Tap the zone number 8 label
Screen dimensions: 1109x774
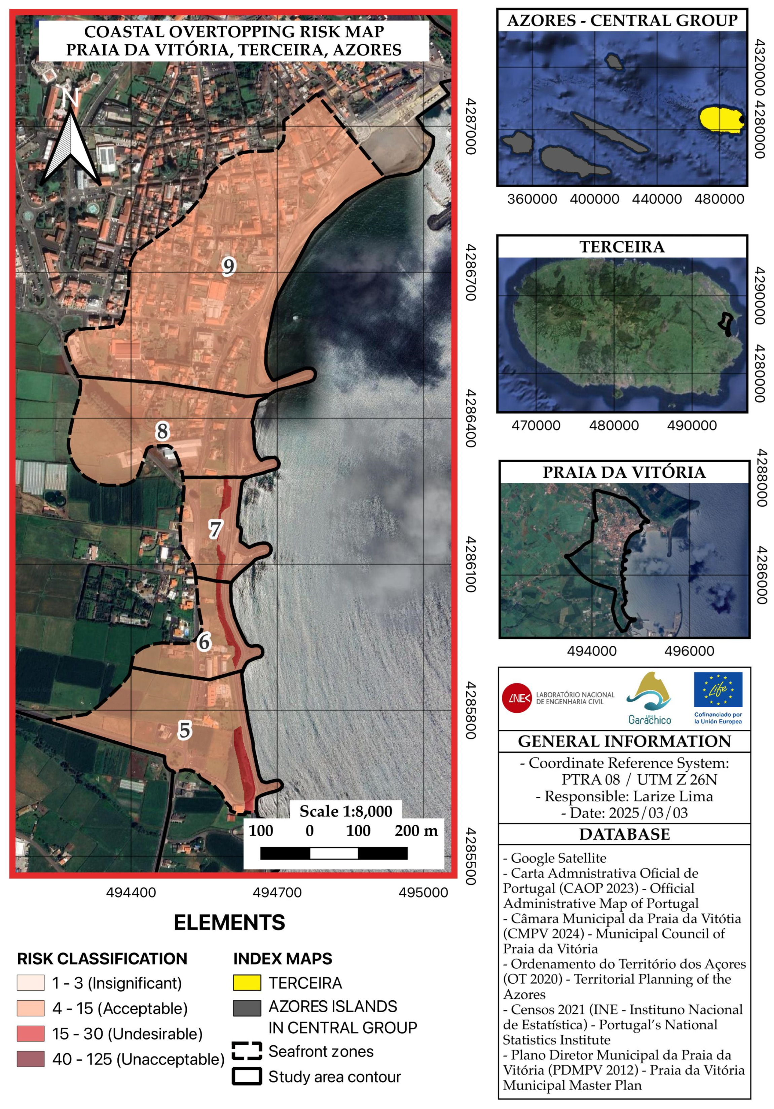pos(162,431)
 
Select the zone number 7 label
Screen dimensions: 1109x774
pos(215,529)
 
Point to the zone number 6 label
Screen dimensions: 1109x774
pos(205,642)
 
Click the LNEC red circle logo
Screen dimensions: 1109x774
pos(516,698)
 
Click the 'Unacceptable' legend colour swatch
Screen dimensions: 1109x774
pos(31,1059)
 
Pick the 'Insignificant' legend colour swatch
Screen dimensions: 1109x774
pos(31,983)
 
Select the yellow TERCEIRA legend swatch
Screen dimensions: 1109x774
pos(247,983)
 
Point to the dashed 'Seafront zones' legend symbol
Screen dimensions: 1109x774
pos(247,1051)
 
